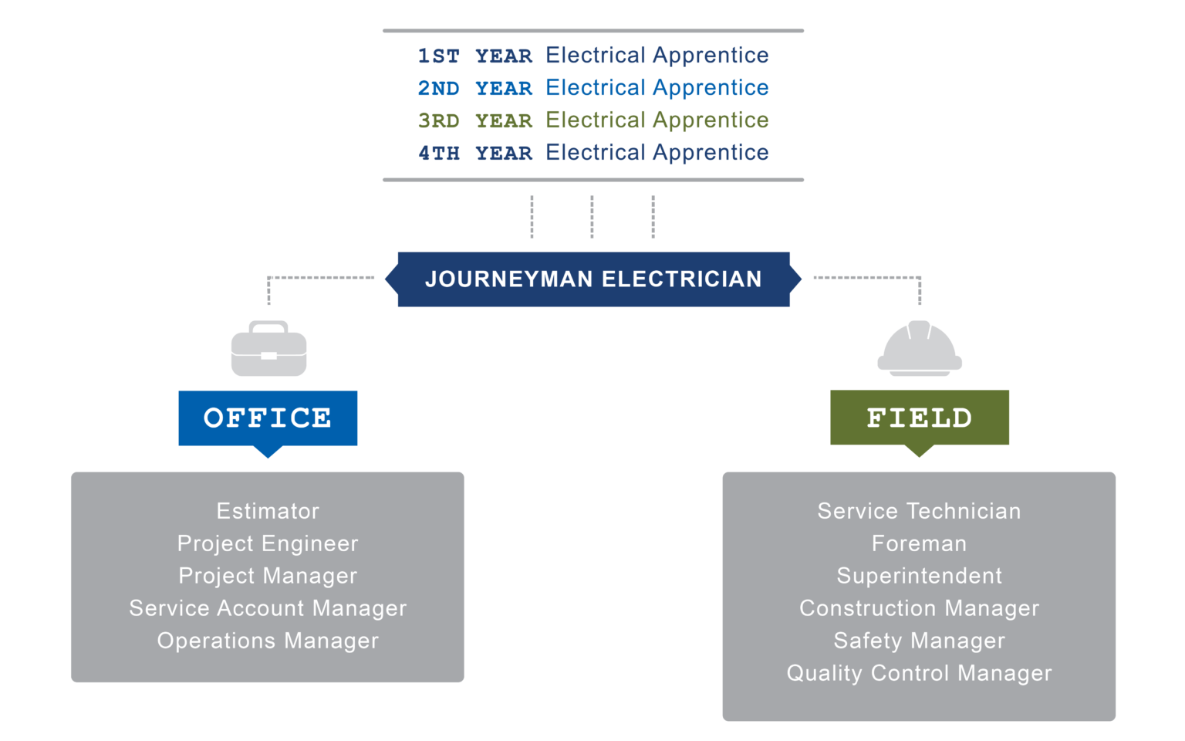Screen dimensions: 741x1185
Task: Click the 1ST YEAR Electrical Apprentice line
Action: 592,56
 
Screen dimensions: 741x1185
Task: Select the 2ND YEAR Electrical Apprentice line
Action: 592,88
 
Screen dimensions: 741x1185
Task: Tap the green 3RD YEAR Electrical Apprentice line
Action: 592,120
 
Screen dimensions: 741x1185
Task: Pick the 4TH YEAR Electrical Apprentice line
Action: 592,153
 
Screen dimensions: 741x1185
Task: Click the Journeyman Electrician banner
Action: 593,279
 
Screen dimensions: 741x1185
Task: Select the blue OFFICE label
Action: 268,418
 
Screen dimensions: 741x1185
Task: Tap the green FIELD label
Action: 919,418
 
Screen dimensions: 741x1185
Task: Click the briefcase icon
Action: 268,350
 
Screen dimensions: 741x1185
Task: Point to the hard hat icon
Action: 919,350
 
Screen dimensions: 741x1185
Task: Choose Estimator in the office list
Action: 268,511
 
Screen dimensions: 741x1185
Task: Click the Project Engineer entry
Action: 268,543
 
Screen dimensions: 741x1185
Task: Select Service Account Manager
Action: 268,608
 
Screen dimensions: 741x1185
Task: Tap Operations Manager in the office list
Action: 268,641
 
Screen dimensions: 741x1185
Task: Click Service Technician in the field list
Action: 919,511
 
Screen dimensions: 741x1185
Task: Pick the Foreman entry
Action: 919,543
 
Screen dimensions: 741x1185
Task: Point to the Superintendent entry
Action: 919,576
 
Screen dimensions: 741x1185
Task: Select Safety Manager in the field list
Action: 919,641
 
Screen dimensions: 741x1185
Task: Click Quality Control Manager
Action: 919,673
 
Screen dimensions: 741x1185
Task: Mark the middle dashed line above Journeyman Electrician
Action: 592,216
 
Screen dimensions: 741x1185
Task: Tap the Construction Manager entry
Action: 919,608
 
